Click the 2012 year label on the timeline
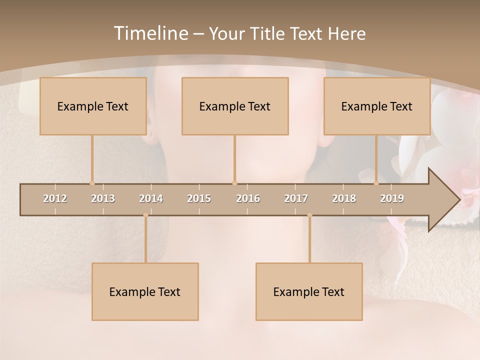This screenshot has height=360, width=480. pyautogui.click(x=55, y=198)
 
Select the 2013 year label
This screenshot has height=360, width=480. pyautogui.click(x=103, y=198)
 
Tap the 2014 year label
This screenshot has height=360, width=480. pyautogui.click(x=151, y=198)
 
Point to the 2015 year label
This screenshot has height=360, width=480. pyautogui.click(x=199, y=198)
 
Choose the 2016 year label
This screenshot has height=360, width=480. pyautogui.click(x=248, y=198)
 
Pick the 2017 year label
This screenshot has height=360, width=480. pyautogui.click(x=296, y=198)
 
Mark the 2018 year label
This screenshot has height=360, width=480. pyautogui.click(x=344, y=198)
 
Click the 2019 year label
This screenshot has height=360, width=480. pyautogui.click(x=392, y=198)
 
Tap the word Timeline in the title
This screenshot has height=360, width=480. pyautogui.click(x=150, y=33)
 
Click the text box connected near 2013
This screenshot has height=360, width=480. pyautogui.click(x=93, y=106)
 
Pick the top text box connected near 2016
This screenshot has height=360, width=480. pyautogui.click(x=235, y=106)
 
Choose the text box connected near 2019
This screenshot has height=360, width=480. pyautogui.click(x=377, y=106)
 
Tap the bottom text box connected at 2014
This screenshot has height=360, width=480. pyautogui.click(x=145, y=291)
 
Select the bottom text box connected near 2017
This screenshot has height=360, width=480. pyautogui.click(x=309, y=291)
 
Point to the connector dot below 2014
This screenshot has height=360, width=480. pyautogui.click(x=145, y=215)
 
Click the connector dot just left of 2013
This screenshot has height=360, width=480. pyautogui.click(x=92, y=183)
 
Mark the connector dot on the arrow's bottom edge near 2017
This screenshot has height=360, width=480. pyautogui.click(x=309, y=215)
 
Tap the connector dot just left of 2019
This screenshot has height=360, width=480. pyautogui.click(x=376, y=183)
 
